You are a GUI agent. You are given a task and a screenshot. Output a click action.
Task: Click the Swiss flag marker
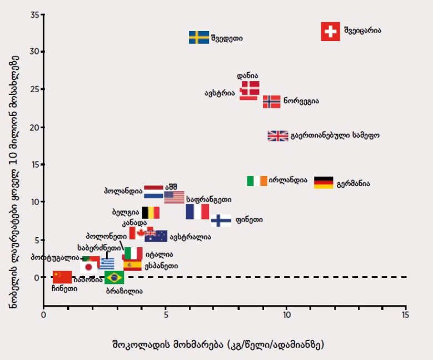point(331,32)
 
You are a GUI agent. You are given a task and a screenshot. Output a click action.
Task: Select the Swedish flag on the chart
point(199,37)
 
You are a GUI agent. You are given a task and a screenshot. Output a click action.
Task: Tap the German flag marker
point(323,182)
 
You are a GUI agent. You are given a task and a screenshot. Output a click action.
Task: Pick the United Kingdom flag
point(277,136)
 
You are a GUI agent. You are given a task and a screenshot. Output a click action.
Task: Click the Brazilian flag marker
point(115,277)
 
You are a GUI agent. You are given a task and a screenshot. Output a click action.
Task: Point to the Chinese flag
point(62,277)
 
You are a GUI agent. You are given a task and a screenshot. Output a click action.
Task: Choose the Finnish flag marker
point(221,220)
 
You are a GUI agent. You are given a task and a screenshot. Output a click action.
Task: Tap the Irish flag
point(257,181)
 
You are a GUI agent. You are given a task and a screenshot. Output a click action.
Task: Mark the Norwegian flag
point(271,102)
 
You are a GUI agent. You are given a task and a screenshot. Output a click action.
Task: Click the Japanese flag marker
point(88,268)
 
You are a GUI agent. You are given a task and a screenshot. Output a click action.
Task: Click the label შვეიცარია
point(362,30)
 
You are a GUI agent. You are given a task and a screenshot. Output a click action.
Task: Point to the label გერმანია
point(353,183)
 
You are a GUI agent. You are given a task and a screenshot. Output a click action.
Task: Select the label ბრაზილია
point(124,291)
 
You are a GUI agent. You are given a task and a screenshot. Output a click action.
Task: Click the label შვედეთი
point(227,38)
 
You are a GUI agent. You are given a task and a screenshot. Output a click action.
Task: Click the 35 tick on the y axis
point(34,14)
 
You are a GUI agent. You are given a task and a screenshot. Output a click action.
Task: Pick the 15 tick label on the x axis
point(406,315)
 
